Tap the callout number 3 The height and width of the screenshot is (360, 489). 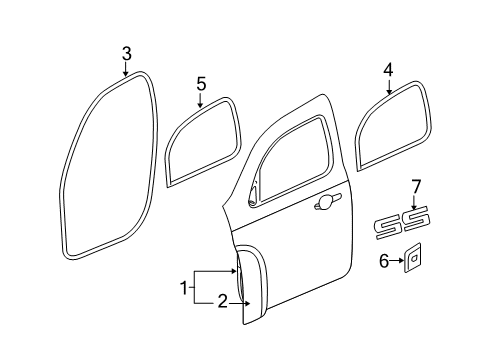tap(126, 53)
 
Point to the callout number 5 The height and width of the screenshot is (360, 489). tap(200, 83)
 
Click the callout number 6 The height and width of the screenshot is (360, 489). tap(385, 263)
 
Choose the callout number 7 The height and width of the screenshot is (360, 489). tap(417, 187)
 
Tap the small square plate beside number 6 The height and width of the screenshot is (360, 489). tap(412, 263)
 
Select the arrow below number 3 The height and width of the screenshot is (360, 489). tap(126, 68)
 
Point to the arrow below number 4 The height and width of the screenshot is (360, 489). tap(387, 87)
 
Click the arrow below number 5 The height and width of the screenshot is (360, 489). tap(200, 99)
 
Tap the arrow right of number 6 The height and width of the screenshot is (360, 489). tap(397, 263)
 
